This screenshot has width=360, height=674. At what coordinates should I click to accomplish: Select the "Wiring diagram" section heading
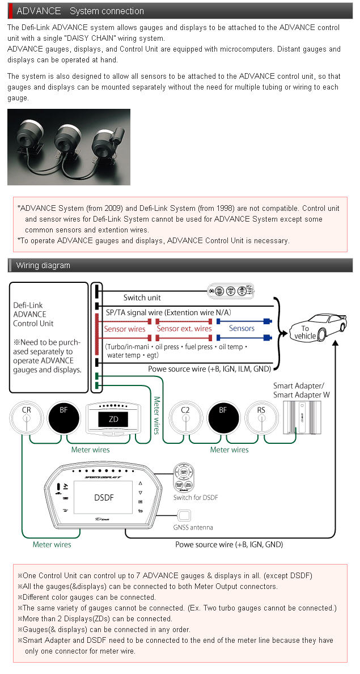43,265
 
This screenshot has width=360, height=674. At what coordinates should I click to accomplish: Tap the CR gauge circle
26,418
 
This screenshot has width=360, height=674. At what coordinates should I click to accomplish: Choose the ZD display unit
113,420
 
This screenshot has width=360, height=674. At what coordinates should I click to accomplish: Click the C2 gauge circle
185,418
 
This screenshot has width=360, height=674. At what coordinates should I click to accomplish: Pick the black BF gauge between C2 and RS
223,418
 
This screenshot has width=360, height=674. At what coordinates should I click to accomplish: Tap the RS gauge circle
261,418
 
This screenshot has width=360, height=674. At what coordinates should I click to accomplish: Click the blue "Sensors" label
242,328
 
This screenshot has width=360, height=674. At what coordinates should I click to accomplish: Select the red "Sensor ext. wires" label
184,328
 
